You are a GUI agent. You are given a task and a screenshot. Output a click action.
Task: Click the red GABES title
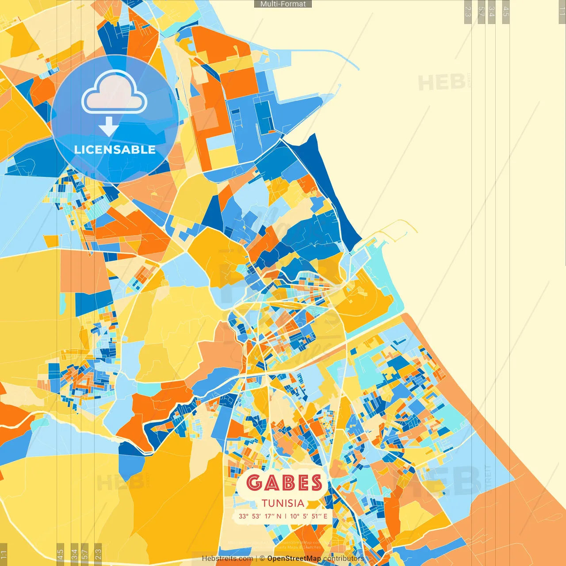tap(284, 482)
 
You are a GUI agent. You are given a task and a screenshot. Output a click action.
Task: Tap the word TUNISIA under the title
tap(283, 503)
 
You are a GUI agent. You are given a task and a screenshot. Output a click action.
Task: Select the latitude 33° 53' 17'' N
tap(260, 516)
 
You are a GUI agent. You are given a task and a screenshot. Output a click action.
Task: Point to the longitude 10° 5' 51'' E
tap(309, 516)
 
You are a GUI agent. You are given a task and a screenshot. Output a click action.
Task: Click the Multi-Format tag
tap(283, 4)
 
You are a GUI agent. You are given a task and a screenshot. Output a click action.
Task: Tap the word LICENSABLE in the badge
tap(115, 149)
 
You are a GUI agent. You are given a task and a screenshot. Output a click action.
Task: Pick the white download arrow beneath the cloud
tap(108, 126)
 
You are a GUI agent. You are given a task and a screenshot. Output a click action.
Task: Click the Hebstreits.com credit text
tap(227, 558)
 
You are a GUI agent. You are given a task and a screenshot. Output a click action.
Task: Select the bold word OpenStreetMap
tap(294, 558)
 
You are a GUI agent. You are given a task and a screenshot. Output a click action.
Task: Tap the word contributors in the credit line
tap(343, 558)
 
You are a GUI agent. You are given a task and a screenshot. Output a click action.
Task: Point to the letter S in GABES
tap(316, 482)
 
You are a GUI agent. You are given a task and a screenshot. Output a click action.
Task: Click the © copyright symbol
tap(262, 558)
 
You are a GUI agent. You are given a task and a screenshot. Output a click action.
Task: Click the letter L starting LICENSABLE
tap(77, 149)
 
